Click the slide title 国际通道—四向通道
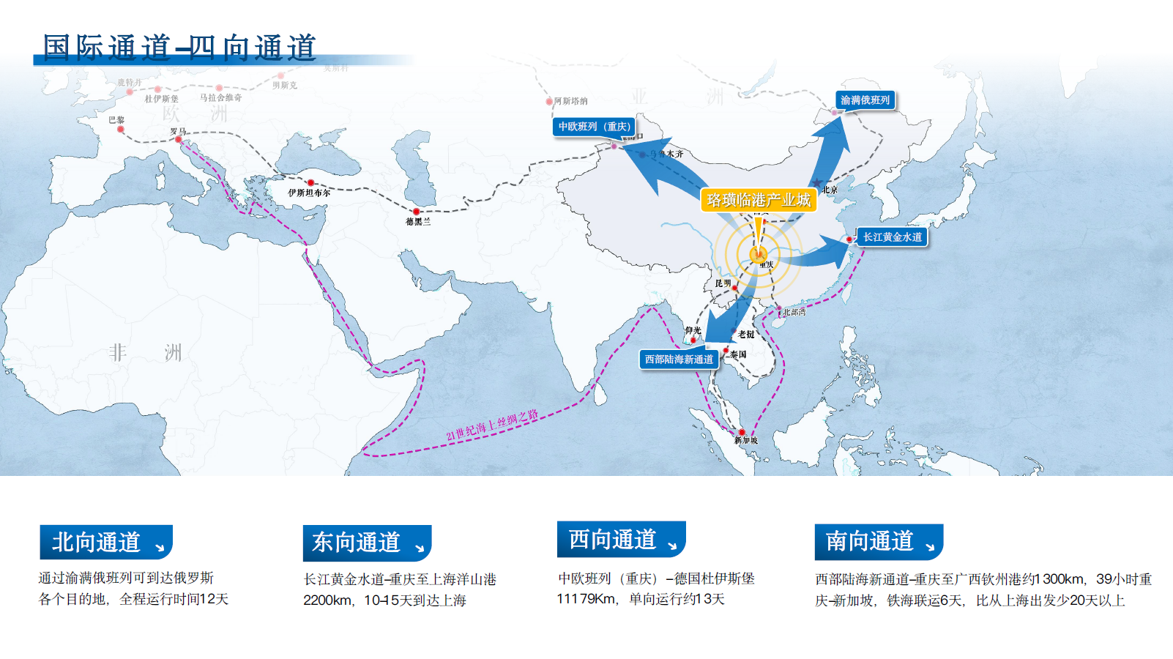point(179,47)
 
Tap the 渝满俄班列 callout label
point(865,100)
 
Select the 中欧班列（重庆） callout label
point(594,127)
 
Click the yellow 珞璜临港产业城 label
point(758,200)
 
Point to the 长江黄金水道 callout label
point(892,237)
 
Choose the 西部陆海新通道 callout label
point(679,360)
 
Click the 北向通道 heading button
point(106,542)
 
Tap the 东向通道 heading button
point(367,543)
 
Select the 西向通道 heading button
point(621,540)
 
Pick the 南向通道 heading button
point(879,542)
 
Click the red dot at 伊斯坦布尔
point(310,183)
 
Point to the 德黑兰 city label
point(418,221)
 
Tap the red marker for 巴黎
point(121,130)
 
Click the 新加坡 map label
point(746,441)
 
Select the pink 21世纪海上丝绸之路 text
point(492,425)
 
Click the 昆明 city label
point(723,283)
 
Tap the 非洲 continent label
point(145,353)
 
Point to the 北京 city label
point(830,190)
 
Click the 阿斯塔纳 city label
point(570,101)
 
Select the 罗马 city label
point(178,131)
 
